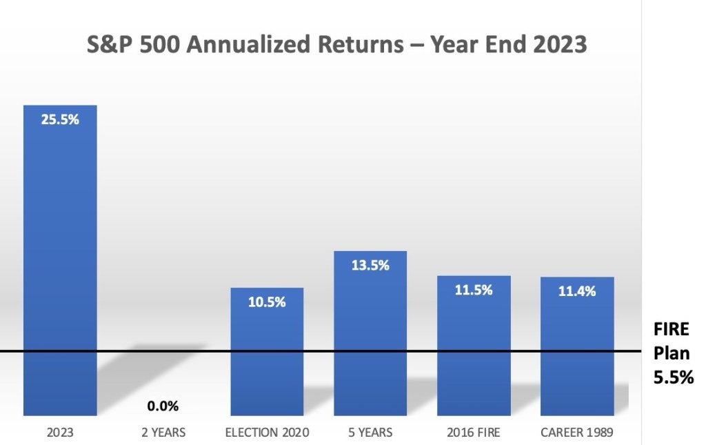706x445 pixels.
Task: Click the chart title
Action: coord(336,44)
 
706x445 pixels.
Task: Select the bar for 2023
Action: coord(61,260)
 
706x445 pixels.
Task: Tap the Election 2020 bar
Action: coord(267,352)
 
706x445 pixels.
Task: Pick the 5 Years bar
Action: coord(370,333)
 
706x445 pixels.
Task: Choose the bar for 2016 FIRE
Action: coord(474,346)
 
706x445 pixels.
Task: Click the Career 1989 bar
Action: coord(577,346)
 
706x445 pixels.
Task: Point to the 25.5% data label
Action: coord(60,119)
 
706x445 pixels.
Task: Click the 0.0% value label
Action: coord(163,406)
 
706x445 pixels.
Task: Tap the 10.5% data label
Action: coord(267,301)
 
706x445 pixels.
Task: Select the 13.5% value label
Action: coord(370,266)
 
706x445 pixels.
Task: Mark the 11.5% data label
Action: coord(474,290)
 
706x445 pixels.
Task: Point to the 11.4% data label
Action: coord(577,291)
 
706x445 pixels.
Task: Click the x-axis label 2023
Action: coord(60,433)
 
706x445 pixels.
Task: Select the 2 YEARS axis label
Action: coord(163,433)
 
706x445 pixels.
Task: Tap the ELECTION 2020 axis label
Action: coord(267,433)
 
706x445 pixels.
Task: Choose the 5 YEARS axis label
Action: coord(370,433)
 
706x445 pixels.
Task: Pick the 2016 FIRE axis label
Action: coord(474,433)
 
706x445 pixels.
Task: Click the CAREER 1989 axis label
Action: coord(577,433)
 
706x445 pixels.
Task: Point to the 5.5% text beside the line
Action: coord(674,377)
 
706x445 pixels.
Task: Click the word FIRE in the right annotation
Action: coord(672,329)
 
